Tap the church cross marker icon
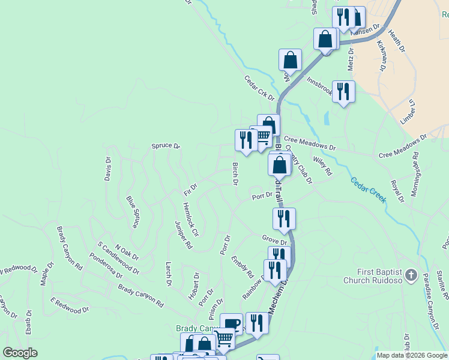pyautogui.click(x=411, y=275)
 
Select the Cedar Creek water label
pyautogui.click(x=368, y=190)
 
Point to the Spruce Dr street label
pyautogui.click(x=166, y=146)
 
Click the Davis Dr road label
pyautogui.click(x=108, y=169)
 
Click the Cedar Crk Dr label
pyautogui.click(x=259, y=88)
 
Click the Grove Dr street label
pyautogui.click(x=274, y=240)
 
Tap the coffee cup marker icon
pyautogui.click(x=232, y=324)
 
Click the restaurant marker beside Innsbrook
pyautogui.click(x=343, y=92)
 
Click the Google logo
pyautogui.click(x=20, y=353)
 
